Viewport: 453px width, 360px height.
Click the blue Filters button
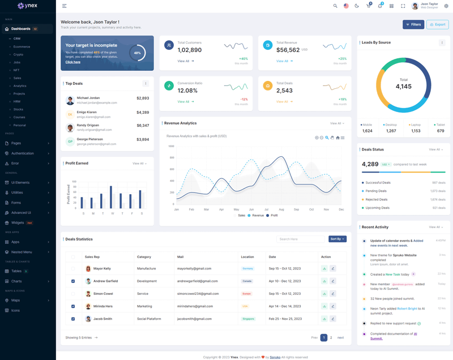[x=413, y=24]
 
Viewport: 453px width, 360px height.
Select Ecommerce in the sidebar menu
[x=22, y=46]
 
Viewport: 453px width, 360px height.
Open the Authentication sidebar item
[x=23, y=153]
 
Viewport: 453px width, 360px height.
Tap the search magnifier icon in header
[x=335, y=6]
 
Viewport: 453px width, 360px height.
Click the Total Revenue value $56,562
[x=288, y=50]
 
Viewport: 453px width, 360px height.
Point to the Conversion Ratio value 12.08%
[x=187, y=91]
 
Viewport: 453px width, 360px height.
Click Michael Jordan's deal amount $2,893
[x=143, y=98]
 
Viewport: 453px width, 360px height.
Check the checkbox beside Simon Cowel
[x=73, y=294]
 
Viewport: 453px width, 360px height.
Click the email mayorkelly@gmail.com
[x=194, y=268]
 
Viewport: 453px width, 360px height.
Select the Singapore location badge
[x=248, y=319]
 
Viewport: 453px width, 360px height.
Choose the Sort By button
[x=337, y=239]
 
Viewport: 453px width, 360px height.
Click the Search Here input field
[x=300, y=239]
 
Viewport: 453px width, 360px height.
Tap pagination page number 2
[x=331, y=337]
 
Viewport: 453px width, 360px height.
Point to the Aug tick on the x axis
[x=281, y=209]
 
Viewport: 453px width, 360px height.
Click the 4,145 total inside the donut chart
[x=404, y=86]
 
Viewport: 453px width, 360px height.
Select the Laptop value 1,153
[x=416, y=131]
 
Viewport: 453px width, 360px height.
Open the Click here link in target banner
[x=73, y=62]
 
